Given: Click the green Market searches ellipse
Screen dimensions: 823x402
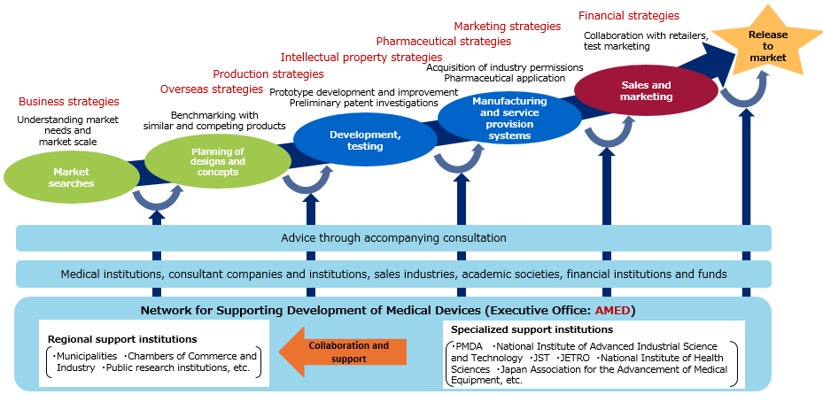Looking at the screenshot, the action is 72,177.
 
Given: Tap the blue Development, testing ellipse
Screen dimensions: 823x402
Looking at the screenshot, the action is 365,140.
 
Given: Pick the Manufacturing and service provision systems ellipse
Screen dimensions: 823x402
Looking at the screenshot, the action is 509,119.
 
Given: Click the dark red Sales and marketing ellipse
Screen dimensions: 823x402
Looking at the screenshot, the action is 646,90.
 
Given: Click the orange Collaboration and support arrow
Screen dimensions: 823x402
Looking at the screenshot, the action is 343,352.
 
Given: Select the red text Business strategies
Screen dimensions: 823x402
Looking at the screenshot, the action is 69,101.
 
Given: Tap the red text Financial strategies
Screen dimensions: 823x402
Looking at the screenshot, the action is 629,16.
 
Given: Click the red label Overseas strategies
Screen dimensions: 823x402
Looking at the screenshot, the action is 212,89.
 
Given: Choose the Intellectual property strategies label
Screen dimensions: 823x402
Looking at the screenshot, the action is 361,58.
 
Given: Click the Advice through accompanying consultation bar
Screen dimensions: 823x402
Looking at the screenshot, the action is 393,238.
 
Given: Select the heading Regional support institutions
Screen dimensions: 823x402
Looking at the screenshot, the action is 123,339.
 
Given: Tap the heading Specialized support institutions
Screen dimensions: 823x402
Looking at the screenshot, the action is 532,329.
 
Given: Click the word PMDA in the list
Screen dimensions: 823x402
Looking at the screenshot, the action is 467,347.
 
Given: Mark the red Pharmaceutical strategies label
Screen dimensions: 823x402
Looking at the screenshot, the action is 444,41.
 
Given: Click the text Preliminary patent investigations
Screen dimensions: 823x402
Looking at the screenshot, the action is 364,103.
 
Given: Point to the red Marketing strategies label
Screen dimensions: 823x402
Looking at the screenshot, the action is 508,27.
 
